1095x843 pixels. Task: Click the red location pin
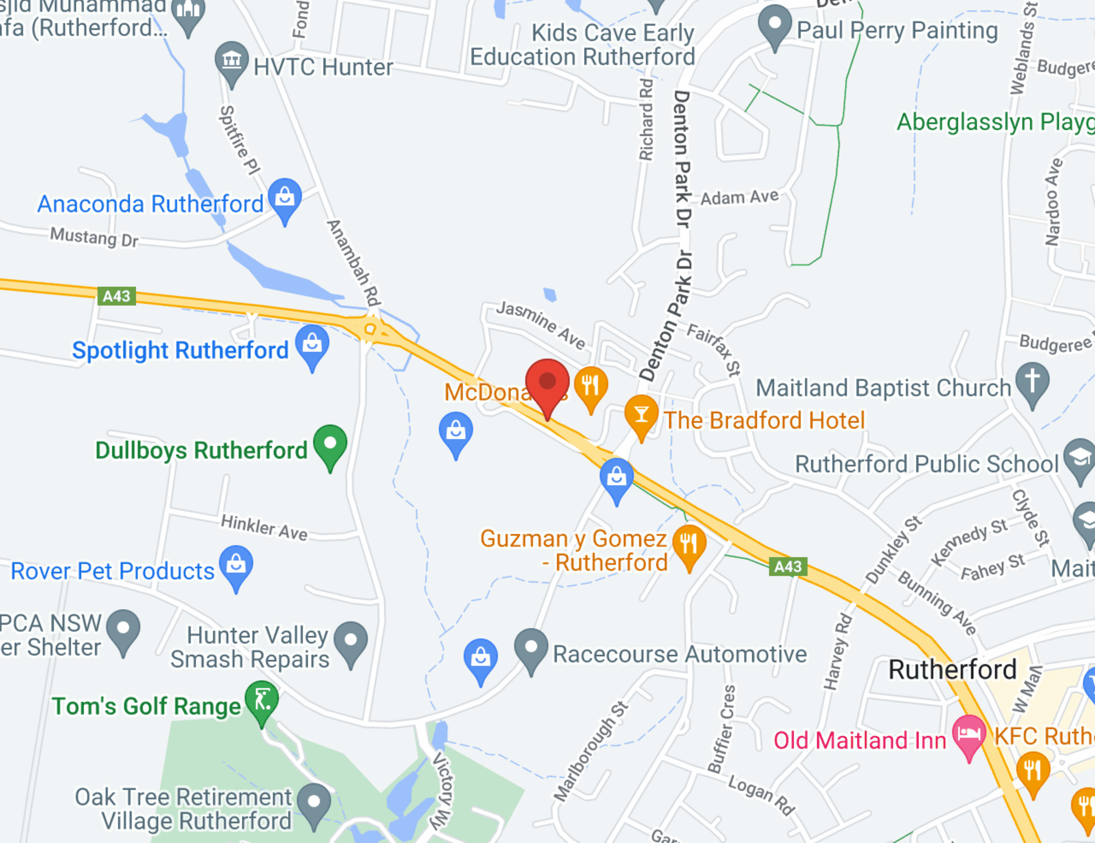pos(547,384)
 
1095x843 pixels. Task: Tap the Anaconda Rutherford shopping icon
pos(285,197)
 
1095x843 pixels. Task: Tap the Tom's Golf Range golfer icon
pos(262,699)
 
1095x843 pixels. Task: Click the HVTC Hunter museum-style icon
pos(232,60)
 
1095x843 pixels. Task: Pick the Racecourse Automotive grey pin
pos(531,647)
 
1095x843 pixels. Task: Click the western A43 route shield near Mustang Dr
pos(116,296)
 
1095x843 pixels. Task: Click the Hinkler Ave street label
pos(264,527)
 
